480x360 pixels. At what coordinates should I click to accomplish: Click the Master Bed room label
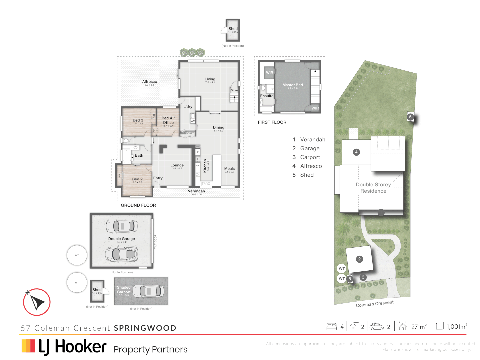(x=292, y=85)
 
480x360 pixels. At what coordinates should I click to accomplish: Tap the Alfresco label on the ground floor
(x=149, y=82)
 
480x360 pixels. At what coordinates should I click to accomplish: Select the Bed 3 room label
(x=138, y=120)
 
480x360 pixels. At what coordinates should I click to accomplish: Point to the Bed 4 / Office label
(x=168, y=120)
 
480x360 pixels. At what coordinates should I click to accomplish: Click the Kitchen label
(x=205, y=166)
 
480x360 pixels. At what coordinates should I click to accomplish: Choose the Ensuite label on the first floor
(x=267, y=96)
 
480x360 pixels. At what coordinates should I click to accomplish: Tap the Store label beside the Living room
(x=234, y=90)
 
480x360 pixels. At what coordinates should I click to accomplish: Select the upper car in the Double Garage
(x=122, y=226)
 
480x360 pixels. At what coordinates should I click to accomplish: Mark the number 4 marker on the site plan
(x=356, y=152)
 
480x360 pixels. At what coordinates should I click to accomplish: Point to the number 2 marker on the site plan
(x=359, y=259)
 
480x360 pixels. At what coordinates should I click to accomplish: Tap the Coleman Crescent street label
(x=375, y=304)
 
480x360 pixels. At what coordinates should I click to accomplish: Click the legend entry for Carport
(x=310, y=157)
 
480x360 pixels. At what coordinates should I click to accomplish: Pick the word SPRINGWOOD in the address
(x=145, y=328)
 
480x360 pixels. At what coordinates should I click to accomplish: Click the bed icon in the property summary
(x=331, y=327)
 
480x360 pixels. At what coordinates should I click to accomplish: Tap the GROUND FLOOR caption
(x=138, y=205)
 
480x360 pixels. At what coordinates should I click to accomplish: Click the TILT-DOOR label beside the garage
(x=155, y=241)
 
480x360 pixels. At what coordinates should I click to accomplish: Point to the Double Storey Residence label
(x=373, y=188)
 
